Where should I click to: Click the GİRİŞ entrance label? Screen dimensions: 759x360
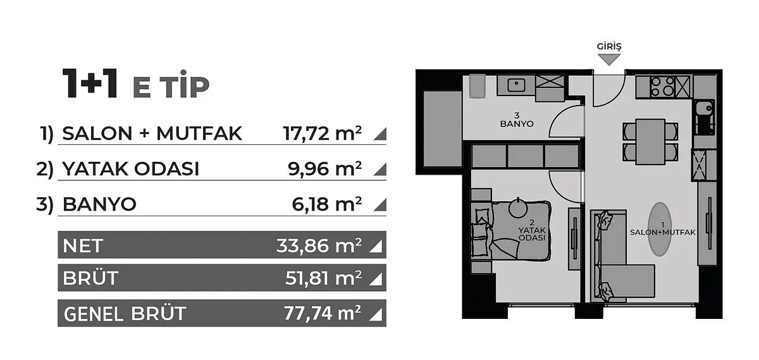pyautogui.click(x=609, y=46)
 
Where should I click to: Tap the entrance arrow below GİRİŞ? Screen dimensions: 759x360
pyautogui.click(x=609, y=60)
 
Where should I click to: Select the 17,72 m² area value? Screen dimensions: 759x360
pyautogui.click(x=322, y=133)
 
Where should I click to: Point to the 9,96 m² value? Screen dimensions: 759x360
pyautogui.click(x=324, y=168)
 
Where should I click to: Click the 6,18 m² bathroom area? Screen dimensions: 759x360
pyautogui.click(x=326, y=204)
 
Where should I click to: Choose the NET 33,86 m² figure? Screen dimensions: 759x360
pyautogui.click(x=319, y=245)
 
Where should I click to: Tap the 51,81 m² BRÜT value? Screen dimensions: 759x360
pyautogui.click(x=323, y=278)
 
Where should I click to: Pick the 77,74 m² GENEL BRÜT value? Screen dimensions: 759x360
pyautogui.click(x=322, y=313)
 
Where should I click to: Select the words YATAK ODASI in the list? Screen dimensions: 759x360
pyautogui.click(x=130, y=168)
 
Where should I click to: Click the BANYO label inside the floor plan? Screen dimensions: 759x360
pyautogui.click(x=517, y=124)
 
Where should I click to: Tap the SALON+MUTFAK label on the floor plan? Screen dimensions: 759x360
pyautogui.click(x=663, y=233)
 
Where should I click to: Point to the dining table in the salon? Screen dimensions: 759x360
pyautogui.click(x=650, y=142)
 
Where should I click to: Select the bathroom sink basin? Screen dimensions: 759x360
pyautogui.click(x=516, y=85)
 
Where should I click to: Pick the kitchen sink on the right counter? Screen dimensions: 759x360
pyautogui.click(x=705, y=108)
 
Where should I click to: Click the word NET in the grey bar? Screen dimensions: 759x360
pyautogui.click(x=83, y=245)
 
